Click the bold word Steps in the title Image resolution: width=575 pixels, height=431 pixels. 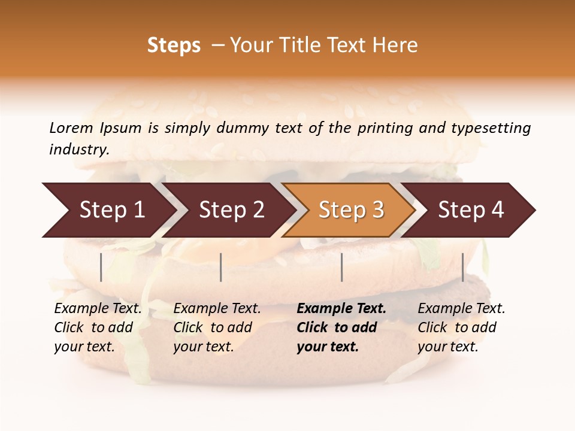(x=174, y=45)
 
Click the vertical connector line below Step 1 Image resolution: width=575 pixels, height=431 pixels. (x=101, y=267)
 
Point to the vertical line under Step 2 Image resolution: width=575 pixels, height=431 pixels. (x=221, y=267)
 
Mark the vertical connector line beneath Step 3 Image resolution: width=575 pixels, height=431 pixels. (x=341, y=267)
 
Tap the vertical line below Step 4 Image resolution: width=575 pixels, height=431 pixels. (x=462, y=267)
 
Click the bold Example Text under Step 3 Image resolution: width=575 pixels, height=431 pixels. (x=341, y=309)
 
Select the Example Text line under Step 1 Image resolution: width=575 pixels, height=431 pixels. (x=98, y=309)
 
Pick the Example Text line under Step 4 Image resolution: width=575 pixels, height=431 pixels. (x=461, y=309)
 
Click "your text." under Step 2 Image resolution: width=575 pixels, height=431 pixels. (x=203, y=347)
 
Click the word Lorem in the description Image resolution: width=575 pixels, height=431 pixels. (x=71, y=128)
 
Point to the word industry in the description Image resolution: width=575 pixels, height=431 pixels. (x=78, y=150)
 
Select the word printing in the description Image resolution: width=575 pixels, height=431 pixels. (x=384, y=128)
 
